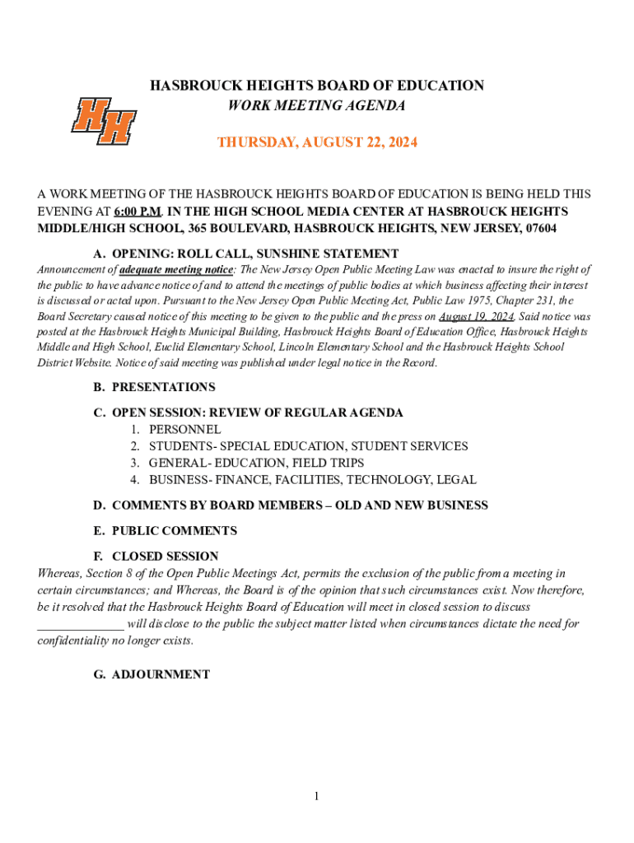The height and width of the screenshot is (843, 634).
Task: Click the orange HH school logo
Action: pyautogui.click(x=103, y=121)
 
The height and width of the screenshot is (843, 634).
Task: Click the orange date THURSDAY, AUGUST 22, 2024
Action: pyautogui.click(x=317, y=142)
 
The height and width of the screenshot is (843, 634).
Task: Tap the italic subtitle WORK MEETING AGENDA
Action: pyautogui.click(x=317, y=105)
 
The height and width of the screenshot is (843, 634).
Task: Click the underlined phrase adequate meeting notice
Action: pyautogui.click(x=176, y=269)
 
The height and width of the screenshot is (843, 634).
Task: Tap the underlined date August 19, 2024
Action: pyautogui.click(x=477, y=316)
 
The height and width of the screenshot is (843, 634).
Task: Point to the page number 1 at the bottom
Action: pyautogui.click(x=315, y=796)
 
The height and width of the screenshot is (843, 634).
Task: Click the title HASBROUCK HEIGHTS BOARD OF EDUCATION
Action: pyautogui.click(x=317, y=86)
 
